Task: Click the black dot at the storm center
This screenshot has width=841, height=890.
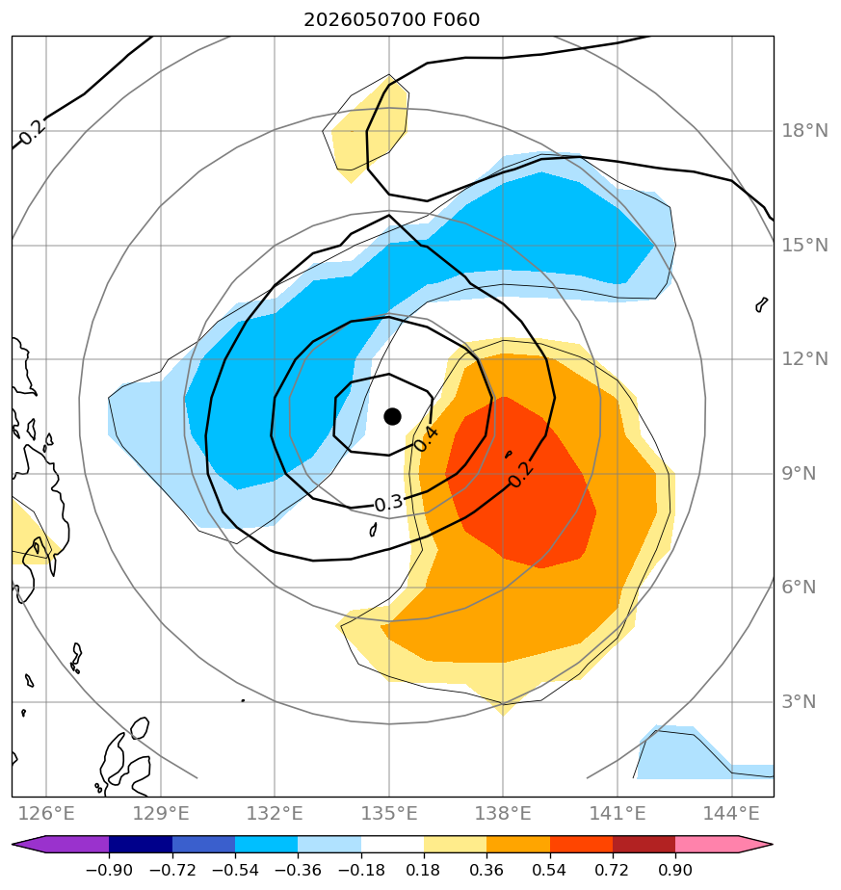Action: click(392, 417)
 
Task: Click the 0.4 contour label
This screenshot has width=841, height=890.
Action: click(426, 439)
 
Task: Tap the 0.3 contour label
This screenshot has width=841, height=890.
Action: click(389, 503)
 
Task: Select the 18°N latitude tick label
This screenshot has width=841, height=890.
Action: click(804, 131)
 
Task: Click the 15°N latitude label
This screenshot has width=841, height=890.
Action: click(804, 246)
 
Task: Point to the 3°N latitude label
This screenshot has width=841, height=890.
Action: click(799, 701)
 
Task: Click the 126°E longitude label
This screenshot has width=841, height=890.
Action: click(46, 813)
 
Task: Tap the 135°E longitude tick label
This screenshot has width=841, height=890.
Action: click(389, 813)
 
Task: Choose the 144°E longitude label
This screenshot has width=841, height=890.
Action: click(731, 813)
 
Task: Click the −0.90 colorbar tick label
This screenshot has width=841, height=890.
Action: click(109, 870)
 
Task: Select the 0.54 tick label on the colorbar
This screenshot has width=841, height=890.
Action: click(550, 870)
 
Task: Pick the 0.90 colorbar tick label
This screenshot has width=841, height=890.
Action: click(675, 870)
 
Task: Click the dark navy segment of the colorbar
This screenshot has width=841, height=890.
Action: click(141, 844)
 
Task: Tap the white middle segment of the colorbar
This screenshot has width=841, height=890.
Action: click(392, 844)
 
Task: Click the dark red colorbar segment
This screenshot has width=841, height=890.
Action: click(644, 844)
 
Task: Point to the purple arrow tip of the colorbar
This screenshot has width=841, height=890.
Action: click(13, 844)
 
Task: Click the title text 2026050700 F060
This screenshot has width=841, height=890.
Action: click(392, 20)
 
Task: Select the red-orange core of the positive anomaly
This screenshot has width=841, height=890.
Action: click(519, 483)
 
